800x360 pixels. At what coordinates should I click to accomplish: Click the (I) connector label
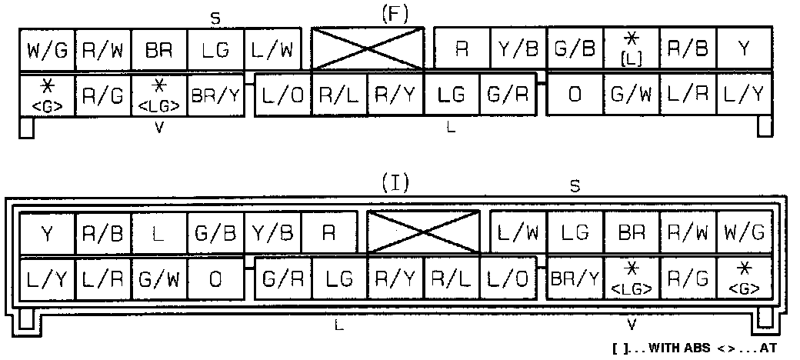click(395, 183)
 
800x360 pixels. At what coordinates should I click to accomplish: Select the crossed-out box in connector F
click(368, 49)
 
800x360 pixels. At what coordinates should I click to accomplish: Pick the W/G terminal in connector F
click(47, 50)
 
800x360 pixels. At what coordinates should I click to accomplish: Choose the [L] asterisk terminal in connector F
click(632, 50)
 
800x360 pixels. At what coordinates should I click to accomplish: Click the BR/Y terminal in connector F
click(216, 95)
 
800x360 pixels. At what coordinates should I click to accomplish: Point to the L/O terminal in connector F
click(282, 95)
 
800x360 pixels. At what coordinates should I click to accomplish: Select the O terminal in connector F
click(575, 95)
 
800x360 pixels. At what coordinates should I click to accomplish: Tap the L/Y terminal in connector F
click(745, 95)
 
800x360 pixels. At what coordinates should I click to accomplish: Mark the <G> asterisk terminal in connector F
click(47, 95)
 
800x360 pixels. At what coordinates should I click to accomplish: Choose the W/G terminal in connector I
click(745, 232)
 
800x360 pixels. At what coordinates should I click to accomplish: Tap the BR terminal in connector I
click(632, 232)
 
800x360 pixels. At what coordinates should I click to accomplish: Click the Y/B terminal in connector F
click(518, 50)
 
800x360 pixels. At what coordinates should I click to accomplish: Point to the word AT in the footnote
click(770, 348)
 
